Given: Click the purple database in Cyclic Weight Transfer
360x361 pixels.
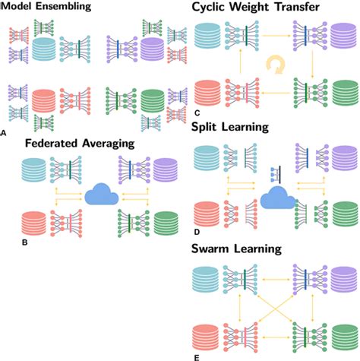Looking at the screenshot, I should point(341,37).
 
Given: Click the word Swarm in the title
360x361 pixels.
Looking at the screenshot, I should point(221,248).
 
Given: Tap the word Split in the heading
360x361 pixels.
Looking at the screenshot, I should point(214,131).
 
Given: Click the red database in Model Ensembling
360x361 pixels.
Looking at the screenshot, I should point(45,101).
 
